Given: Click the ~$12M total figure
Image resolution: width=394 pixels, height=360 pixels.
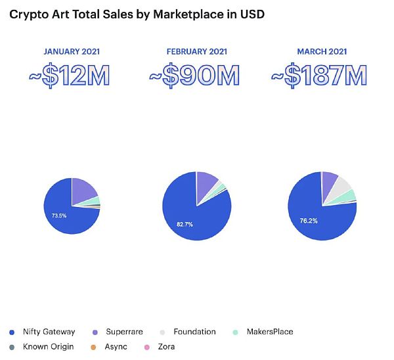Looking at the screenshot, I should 70,78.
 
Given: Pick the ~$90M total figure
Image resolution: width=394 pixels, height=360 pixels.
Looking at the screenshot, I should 194,78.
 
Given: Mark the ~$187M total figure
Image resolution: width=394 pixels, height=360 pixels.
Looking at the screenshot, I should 319,78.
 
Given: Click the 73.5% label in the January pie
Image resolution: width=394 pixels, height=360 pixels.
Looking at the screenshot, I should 60,215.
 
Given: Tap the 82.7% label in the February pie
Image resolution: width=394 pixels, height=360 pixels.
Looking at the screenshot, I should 186,223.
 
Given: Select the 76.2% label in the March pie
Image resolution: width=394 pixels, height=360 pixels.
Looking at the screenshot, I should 309,221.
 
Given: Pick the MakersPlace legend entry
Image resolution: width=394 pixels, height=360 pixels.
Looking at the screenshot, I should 265,332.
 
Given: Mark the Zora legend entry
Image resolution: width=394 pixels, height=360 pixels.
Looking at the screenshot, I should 164,346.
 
